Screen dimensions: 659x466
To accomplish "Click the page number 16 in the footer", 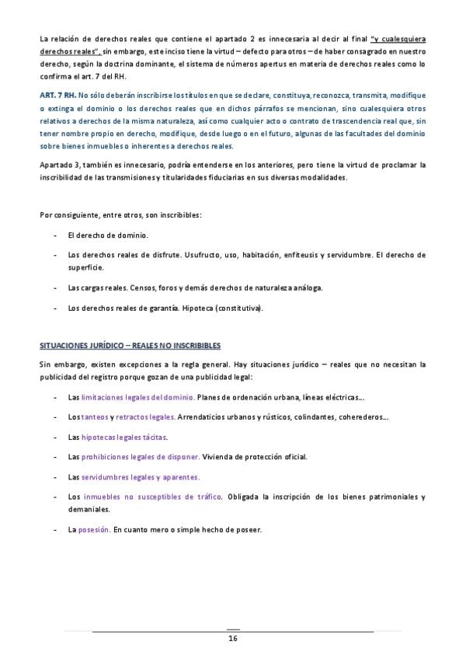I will click(232, 639).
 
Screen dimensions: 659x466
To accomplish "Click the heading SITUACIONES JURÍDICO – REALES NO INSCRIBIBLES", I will click(130, 345).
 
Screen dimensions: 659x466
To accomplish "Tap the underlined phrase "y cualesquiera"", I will click(398, 38).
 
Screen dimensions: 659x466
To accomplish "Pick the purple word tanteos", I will click(94, 417).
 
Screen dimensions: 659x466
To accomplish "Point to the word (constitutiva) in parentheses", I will click(242, 308).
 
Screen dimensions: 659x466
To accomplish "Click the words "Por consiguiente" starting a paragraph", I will click(68, 214).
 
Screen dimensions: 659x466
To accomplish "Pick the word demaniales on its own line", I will click(89, 509).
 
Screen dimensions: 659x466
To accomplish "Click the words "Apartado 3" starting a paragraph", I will click(60, 166).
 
